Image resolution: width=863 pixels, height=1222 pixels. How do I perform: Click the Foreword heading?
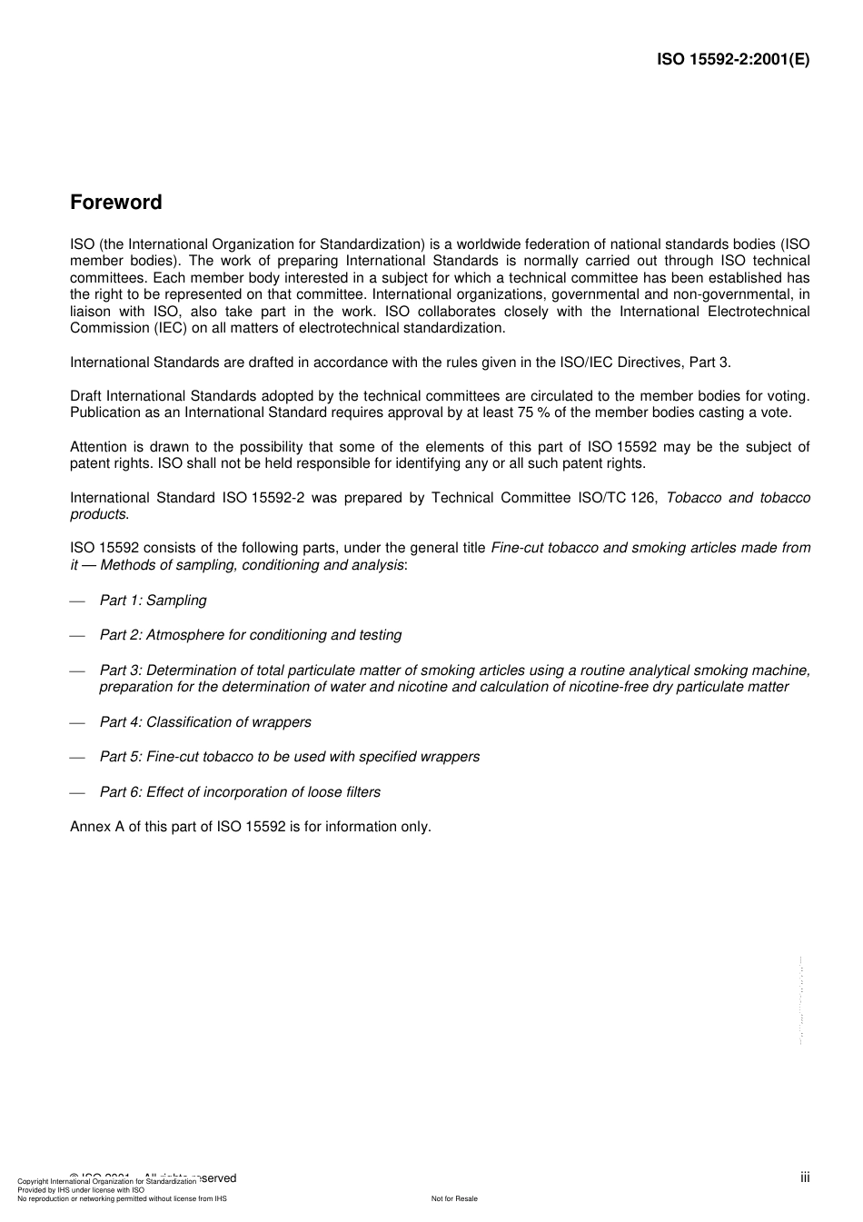[x=115, y=203]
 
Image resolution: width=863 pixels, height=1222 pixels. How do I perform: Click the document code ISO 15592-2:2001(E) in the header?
[x=732, y=60]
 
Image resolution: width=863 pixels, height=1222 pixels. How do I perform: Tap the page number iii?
[x=804, y=1177]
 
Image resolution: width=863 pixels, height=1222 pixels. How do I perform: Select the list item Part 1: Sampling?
[x=153, y=601]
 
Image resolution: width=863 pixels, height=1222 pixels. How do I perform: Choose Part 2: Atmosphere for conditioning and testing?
[x=250, y=635]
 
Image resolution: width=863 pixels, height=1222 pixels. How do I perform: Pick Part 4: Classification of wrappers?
[x=204, y=722]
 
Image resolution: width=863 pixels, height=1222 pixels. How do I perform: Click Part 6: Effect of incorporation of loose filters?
[x=240, y=792]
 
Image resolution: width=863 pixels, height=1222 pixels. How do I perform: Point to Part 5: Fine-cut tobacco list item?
[x=289, y=757]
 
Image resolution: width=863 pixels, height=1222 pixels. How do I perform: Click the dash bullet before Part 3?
[x=77, y=671]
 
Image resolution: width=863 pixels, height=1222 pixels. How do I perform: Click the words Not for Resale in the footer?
[x=454, y=1198]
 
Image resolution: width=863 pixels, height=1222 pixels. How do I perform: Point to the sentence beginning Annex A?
[x=250, y=827]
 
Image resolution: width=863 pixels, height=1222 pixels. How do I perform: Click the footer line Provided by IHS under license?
[x=81, y=1189]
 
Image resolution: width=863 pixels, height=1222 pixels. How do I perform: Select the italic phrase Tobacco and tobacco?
[x=738, y=498]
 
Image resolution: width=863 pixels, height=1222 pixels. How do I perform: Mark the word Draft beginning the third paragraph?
[x=86, y=396]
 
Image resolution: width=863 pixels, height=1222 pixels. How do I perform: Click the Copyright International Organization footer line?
[x=106, y=1181]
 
